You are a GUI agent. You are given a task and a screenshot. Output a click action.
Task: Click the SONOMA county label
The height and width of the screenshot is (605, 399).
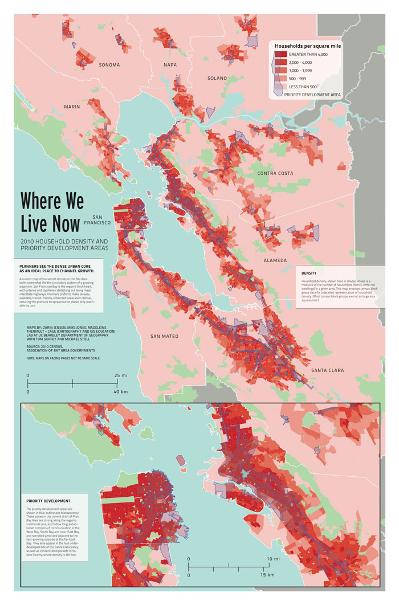point(109,65)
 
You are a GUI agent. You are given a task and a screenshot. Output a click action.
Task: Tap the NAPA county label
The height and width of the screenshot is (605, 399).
point(170,65)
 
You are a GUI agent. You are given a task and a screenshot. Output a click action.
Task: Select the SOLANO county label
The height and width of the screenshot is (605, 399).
point(217,78)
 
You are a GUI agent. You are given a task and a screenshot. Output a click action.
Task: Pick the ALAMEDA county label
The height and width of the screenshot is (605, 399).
point(275,260)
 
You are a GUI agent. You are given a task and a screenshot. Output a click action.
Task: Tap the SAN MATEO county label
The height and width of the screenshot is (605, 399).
point(165,337)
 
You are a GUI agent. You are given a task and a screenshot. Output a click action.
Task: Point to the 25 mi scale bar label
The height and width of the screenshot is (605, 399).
point(121,376)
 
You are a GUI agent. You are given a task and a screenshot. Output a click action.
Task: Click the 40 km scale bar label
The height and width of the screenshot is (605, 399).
point(121,392)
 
